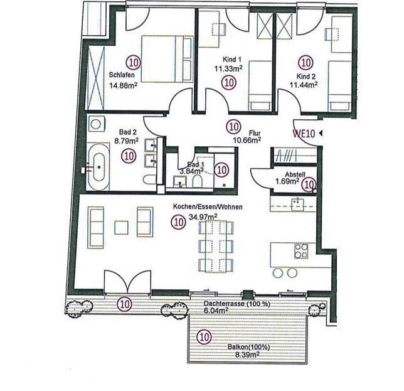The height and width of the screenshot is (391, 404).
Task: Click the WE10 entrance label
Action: pyautogui.click(x=304, y=134)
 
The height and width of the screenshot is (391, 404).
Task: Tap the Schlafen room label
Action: pyautogui.click(x=122, y=75)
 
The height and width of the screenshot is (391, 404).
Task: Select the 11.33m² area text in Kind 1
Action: pyautogui.click(x=228, y=68)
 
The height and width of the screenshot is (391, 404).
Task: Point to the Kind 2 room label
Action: pyautogui.click(x=306, y=77)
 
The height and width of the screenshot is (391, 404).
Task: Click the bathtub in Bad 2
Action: pyautogui.click(x=98, y=167)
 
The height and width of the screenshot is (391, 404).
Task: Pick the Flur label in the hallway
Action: pyautogui.click(x=255, y=133)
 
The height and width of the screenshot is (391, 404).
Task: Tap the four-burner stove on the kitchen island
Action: pyautogui.click(x=301, y=251)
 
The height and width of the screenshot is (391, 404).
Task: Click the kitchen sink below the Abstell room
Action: pyautogui.click(x=298, y=204)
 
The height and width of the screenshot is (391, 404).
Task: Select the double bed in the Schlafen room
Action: pyautogui.click(x=167, y=59)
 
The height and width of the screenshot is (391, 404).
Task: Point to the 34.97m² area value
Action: pyautogui.click(x=203, y=217)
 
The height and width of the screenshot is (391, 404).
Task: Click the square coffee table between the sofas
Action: pyautogui.click(x=121, y=228)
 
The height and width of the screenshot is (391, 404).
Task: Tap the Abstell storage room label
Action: pyautogui.click(x=295, y=174)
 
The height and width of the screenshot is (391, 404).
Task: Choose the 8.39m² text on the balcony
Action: pyautogui.click(x=247, y=355)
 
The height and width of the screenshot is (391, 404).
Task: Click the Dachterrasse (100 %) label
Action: pyautogui.click(x=237, y=304)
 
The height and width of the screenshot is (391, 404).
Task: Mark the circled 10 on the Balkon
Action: pyautogui.click(x=204, y=336)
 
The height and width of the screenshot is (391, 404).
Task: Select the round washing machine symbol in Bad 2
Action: pyautogui.click(x=97, y=124)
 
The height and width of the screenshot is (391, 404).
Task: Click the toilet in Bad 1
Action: pyautogui.click(x=198, y=181)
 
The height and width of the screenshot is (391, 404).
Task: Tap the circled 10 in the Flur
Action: pyautogui.click(x=233, y=127)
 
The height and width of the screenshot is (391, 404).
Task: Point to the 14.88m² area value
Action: pyautogui.click(x=123, y=85)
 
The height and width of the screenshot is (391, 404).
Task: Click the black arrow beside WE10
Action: pyautogui.click(x=321, y=133)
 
